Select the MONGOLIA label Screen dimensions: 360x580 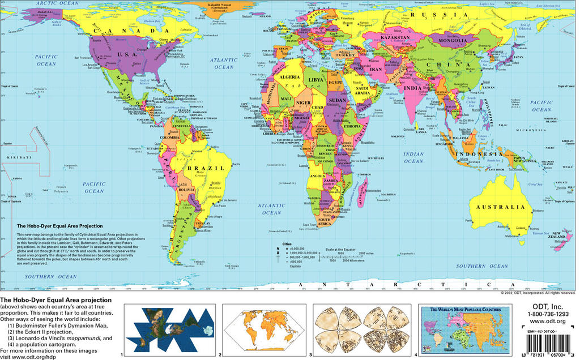451,41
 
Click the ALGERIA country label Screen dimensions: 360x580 289,76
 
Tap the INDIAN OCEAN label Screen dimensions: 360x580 413,157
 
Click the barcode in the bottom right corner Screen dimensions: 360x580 547,346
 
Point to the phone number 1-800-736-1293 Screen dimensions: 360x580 548,314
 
